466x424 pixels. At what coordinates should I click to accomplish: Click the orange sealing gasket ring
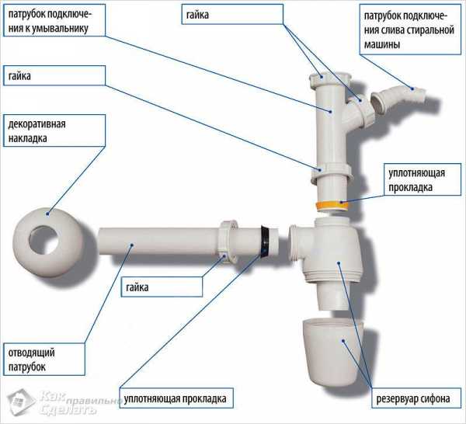pos(332,205)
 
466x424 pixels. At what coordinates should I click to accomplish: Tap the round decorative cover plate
pos(47,243)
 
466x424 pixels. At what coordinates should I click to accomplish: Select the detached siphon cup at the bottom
pos(332,353)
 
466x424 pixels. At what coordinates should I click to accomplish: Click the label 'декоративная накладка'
pos(37,131)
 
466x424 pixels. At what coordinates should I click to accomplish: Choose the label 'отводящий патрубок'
pos(31,360)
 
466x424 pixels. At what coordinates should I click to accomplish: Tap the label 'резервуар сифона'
pos(413,398)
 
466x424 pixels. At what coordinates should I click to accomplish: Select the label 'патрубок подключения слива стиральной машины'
pos(409,30)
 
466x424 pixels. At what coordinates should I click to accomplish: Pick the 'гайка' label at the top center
pos(197,15)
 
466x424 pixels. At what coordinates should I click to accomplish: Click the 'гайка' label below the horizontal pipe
pos(137,287)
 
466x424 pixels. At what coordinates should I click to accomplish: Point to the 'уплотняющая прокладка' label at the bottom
pos(175,398)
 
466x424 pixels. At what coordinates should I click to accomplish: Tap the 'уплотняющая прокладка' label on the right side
pos(416,180)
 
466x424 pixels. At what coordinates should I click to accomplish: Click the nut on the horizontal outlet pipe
pos(228,241)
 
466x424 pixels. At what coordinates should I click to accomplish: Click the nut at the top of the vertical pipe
pos(330,78)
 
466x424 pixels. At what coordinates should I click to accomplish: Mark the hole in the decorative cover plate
pos(43,241)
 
